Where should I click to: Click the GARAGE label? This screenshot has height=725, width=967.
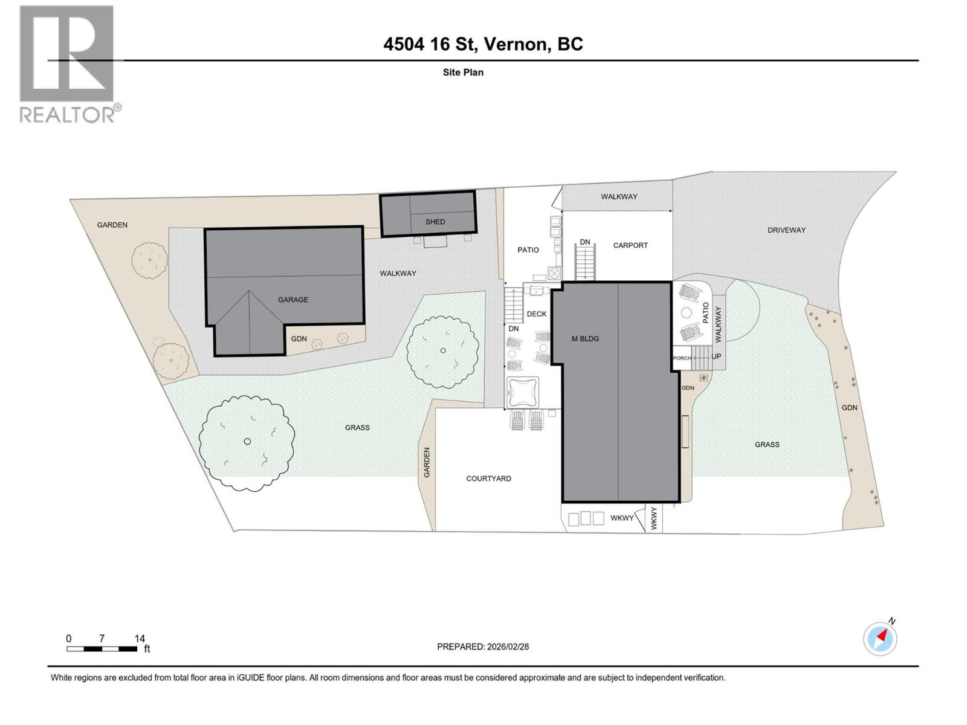[x=293, y=300]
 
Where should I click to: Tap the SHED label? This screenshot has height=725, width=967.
[x=435, y=222]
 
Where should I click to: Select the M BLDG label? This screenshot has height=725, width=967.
[x=585, y=339]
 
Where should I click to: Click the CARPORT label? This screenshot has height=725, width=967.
[x=630, y=245]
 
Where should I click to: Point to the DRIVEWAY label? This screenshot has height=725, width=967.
[x=786, y=230]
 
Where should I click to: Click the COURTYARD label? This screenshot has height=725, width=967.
[x=488, y=478]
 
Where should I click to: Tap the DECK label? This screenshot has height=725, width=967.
[x=536, y=314]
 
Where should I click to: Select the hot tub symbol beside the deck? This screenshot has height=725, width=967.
[x=523, y=392]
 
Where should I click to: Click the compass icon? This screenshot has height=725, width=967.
[x=881, y=639]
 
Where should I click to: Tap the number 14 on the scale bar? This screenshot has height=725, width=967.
[x=140, y=639]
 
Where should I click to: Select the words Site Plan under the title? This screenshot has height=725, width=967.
[x=463, y=72]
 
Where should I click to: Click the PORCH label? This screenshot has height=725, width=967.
[x=682, y=358]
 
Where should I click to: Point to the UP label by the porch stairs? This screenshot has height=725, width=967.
[x=716, y=356]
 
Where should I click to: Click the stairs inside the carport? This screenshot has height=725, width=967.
[x=585, y=263]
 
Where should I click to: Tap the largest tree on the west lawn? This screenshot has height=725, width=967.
[x=247, y=442]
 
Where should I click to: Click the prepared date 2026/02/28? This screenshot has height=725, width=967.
[x=507, y=646]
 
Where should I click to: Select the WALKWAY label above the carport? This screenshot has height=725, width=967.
[x=619, y=197]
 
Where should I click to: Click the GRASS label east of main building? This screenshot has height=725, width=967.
[x=767, y=445]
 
